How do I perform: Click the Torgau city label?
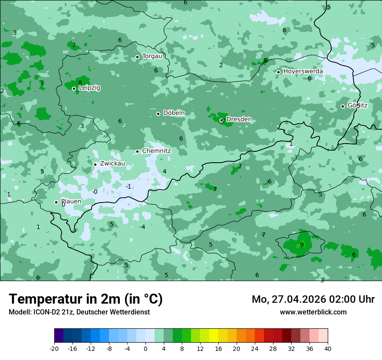[x=152, y=56]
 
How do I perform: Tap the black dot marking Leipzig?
[x=74, y=88]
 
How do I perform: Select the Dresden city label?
[x=239, y=119]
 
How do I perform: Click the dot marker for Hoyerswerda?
[x=278, y=72]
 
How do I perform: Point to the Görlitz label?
[x=357, y=105]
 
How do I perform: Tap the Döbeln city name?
[x=174, y=113]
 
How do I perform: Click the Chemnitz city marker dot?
[x=137, y=151]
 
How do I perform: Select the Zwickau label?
[x=112, y=164]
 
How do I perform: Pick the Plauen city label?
[x=71, y=202]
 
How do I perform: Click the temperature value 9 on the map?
[x=302, y=245]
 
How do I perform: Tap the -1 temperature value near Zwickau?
[x=128, y=187]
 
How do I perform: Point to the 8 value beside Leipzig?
[x=80, y=83]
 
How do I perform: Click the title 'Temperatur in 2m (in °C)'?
[x=86, y=299]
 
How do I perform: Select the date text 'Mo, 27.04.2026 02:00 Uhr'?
[x=313, y=299]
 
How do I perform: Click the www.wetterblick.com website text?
[x=313, y=312]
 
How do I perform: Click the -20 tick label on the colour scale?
[x=54, y=349]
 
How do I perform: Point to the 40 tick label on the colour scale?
[x=328, y=349]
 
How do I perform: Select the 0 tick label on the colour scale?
[x=145, y=349]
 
